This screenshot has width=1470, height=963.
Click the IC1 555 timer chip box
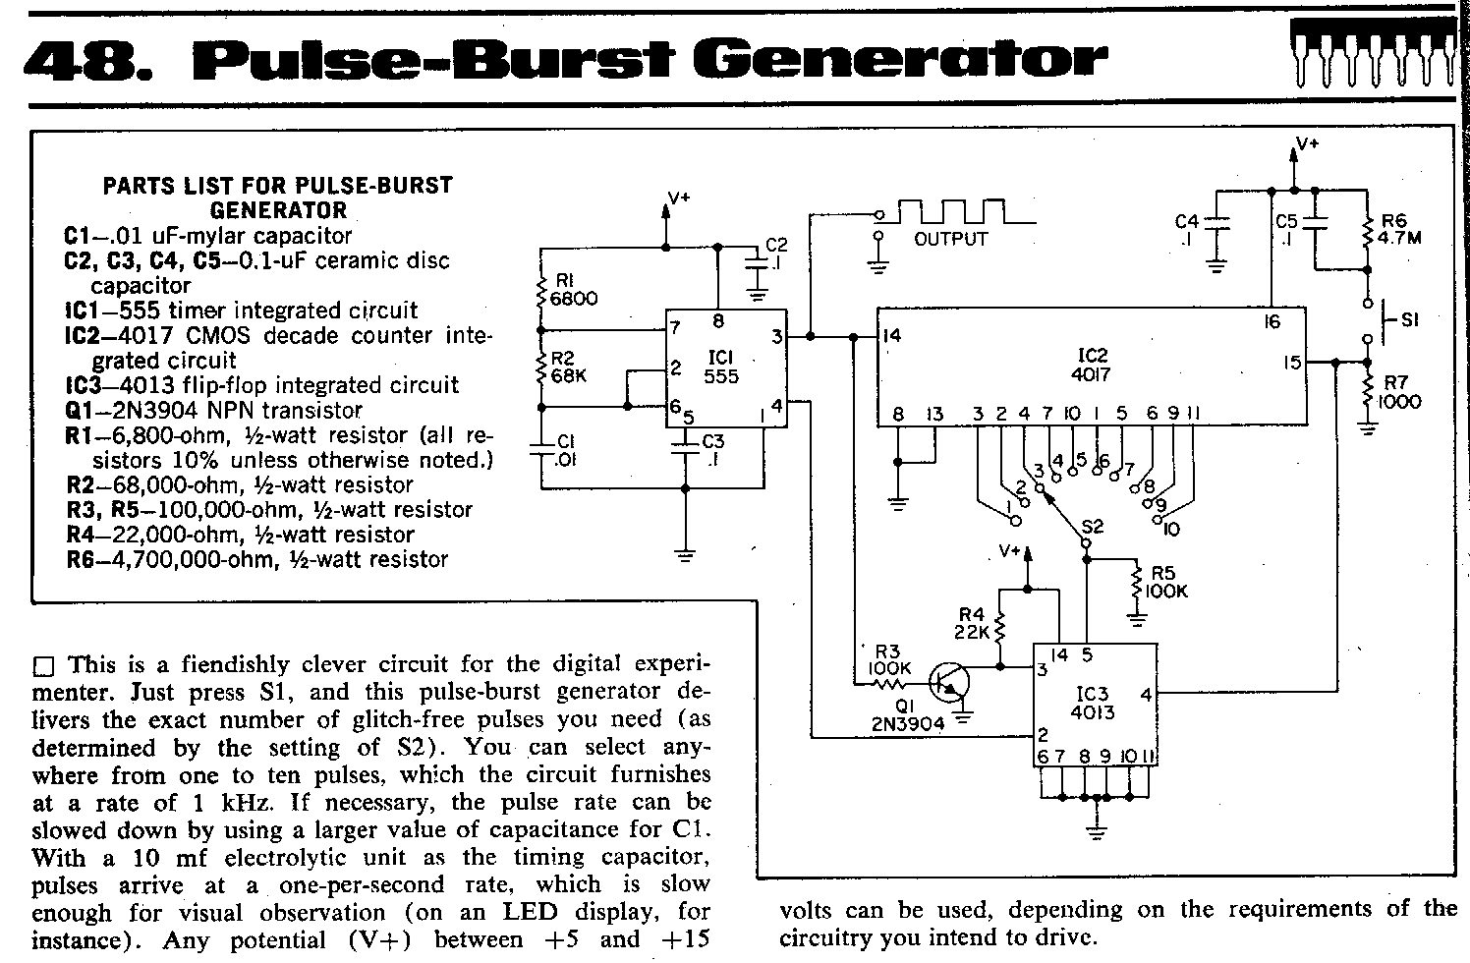click(725, 368)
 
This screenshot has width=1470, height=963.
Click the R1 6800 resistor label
click(574, 289)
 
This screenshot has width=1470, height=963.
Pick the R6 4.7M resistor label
click(1400, 229)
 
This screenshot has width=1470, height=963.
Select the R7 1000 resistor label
click(1399, 393)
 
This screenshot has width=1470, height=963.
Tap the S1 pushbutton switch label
click(1410, 319)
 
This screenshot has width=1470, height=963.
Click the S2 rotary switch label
click(1092, 527)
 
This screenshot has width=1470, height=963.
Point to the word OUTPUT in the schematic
click(950, 239)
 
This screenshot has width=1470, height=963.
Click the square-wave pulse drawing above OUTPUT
click(958, 211)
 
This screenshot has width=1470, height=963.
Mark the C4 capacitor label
click(1187, 229)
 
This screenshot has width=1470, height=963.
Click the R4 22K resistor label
click(973, 624)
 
